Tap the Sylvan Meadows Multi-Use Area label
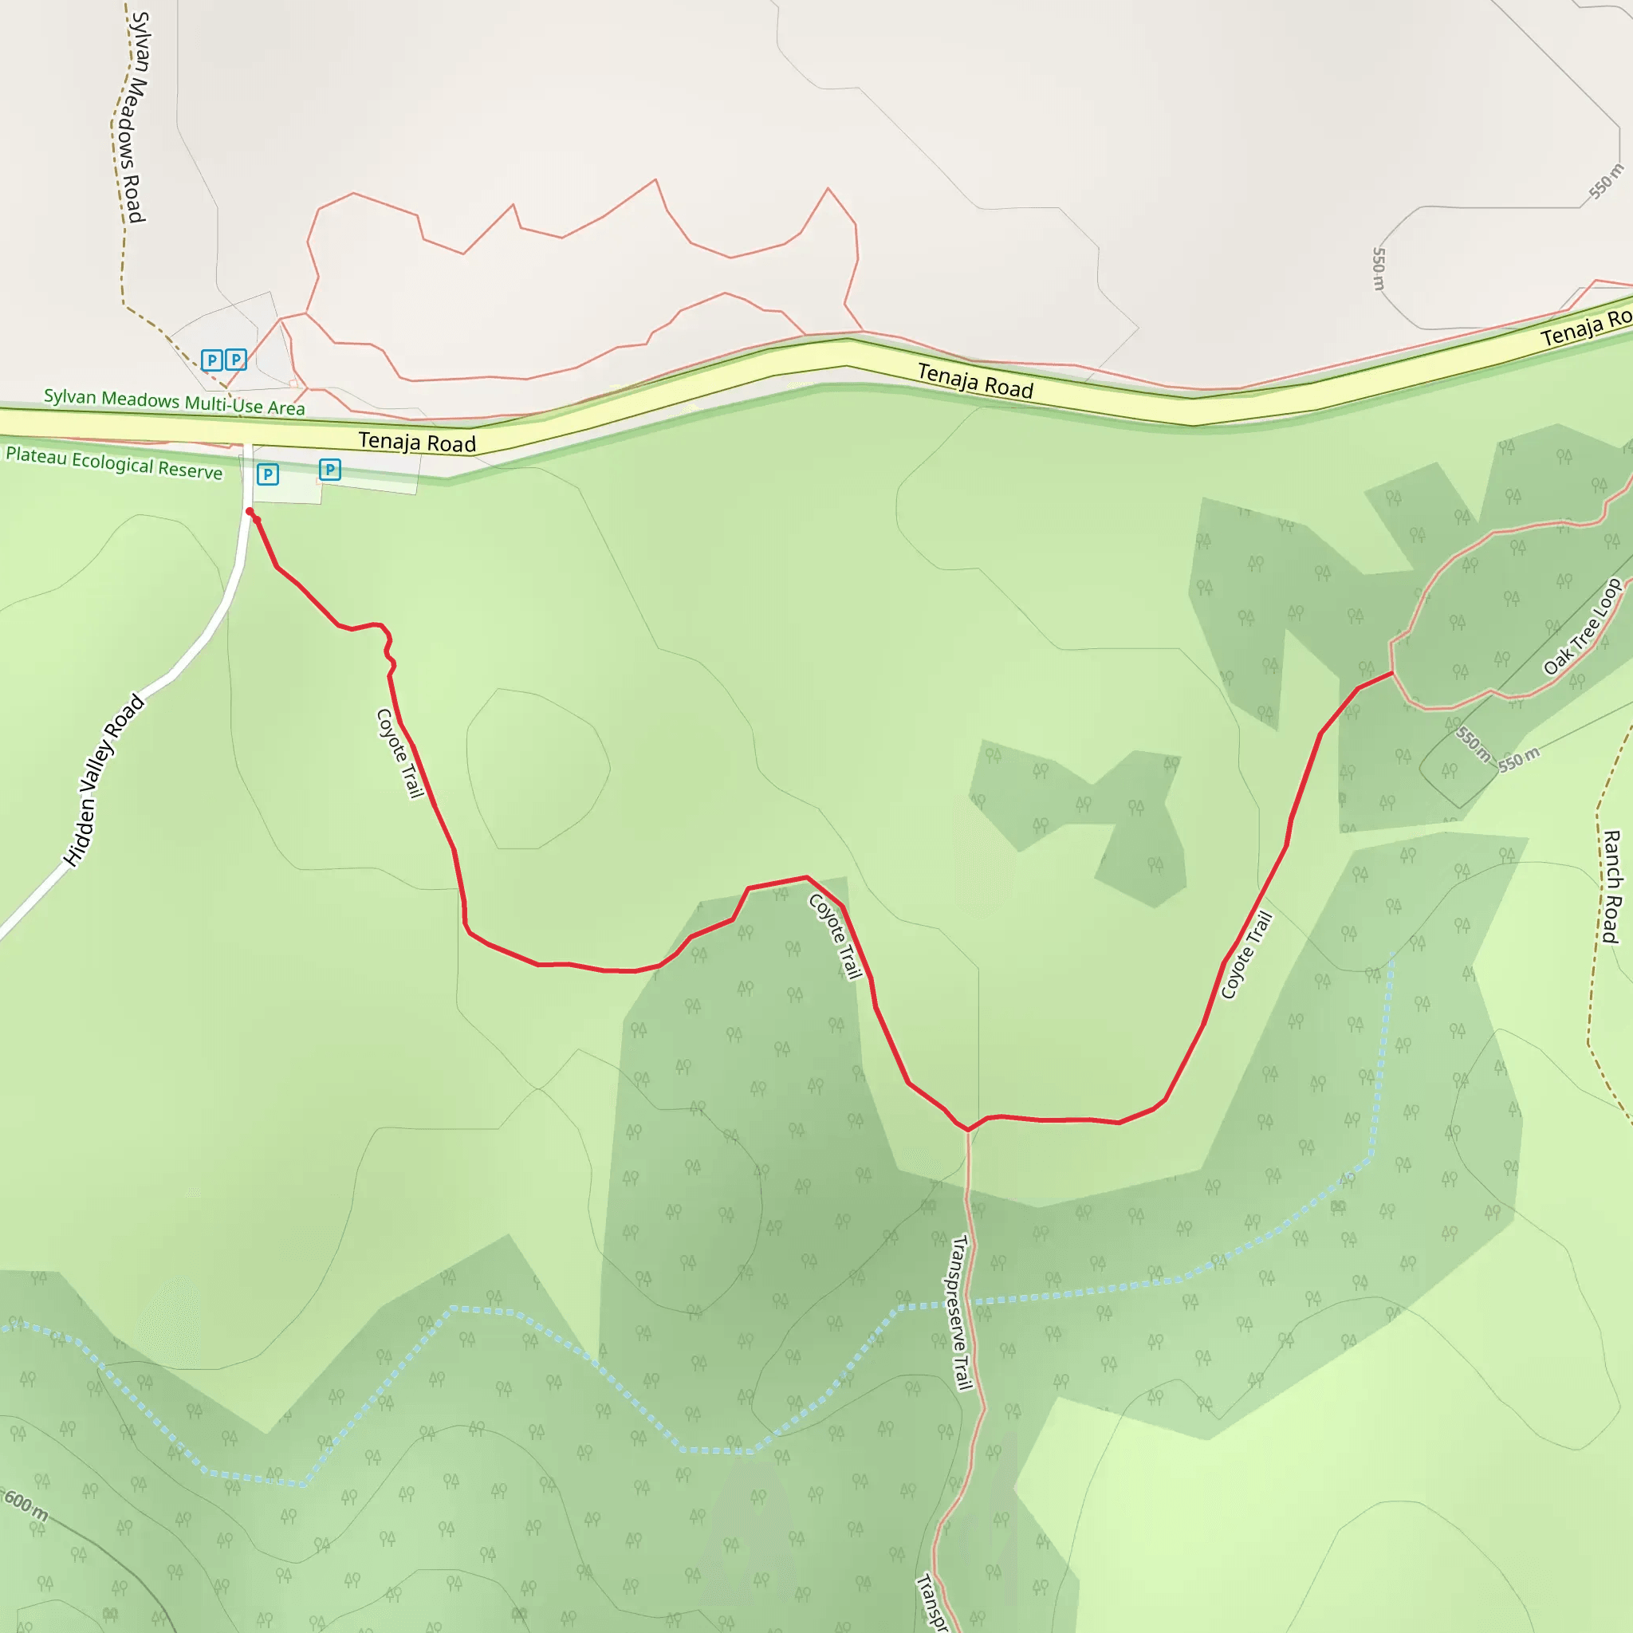[x=174, y=402]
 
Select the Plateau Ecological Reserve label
[x=114, y=463]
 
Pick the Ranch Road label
[x=1611, y=887]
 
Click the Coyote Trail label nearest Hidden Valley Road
[x=399, y=753]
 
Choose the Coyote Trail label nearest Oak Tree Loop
[x=1247, y=955]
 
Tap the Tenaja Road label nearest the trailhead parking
[x=417, y=442]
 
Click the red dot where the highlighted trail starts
[x=250, y=511]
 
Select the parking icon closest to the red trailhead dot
[x=268, y=474]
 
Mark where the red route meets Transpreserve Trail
[x=968, y=1129]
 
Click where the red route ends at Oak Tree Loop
[x=1392, y=673]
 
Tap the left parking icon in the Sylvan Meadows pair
[x=212, y=361]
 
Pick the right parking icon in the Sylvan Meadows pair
[x=236, y=360]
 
